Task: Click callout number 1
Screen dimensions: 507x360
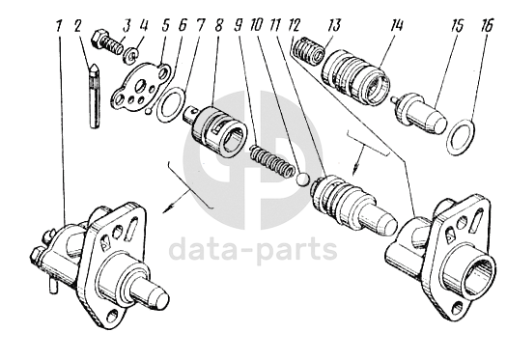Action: tap(58, 25)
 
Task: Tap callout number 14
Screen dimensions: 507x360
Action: tap(396, 24)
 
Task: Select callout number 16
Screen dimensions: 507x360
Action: tap(487, 25)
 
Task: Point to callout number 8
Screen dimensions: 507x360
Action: tap(218, 25)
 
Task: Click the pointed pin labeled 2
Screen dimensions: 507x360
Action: tap(94, 97)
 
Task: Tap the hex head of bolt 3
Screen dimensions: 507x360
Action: tap(99, 39)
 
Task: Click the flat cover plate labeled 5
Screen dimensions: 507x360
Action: tap(140, 88)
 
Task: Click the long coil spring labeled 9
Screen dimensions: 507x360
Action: tap(272, 160)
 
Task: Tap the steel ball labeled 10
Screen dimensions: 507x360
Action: tap(303, 180)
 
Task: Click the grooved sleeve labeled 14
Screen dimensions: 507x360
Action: tap(355, 76)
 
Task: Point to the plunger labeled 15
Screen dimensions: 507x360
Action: tap(420, 112)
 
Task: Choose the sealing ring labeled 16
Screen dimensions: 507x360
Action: tap(461, 137)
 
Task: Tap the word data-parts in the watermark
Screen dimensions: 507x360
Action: tap(252, 249)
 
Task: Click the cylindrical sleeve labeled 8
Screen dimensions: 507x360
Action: tap(215, 132)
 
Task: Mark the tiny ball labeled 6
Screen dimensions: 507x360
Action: tap(148, 112)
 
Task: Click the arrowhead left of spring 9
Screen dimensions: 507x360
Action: tap(167, 208)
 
